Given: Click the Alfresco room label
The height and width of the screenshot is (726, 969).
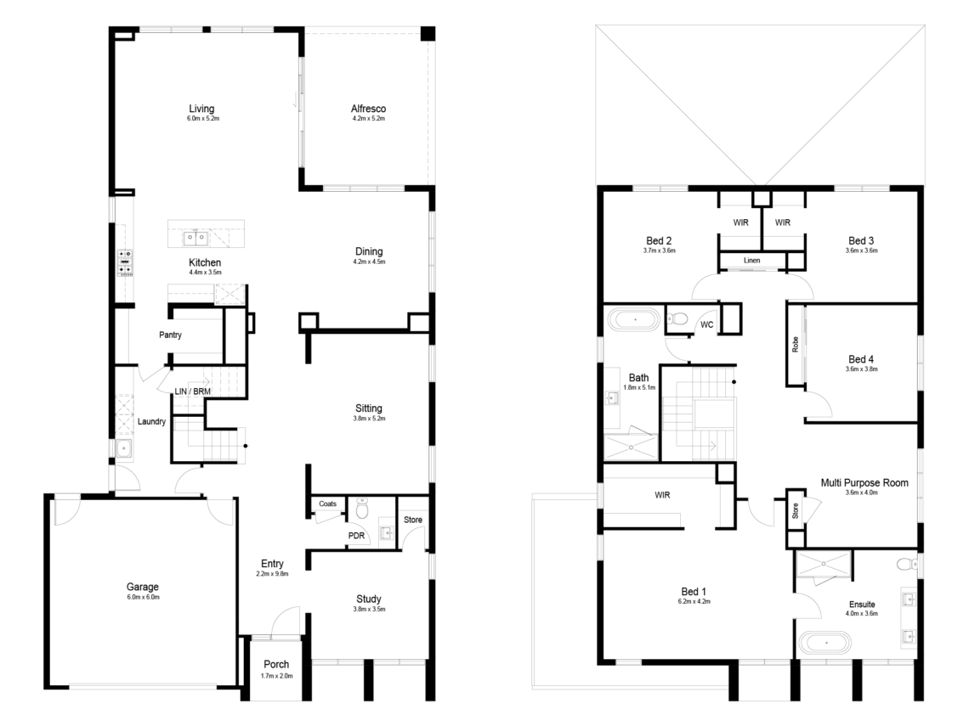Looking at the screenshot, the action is tap(368, 109).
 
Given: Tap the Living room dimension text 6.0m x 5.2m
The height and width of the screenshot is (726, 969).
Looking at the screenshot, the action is tap(203, 118).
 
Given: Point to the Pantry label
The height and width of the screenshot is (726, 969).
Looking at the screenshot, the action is tap(170, 335).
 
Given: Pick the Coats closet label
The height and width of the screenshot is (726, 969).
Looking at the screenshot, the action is tap(327, 504).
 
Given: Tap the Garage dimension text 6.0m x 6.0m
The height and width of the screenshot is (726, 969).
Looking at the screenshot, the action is tap(143, 597).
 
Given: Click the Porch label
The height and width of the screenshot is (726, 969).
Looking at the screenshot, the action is tap(276, 664).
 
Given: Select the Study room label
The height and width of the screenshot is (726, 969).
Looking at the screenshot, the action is tap(368, 599).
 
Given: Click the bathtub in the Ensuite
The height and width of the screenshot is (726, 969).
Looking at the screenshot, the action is tap(825, 643).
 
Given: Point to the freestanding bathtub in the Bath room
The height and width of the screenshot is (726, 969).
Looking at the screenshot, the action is tap(634, 320).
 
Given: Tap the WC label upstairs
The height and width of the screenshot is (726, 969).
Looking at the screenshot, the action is tap(707, 324).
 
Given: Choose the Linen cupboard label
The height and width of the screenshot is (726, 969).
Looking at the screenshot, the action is tap(751, 261).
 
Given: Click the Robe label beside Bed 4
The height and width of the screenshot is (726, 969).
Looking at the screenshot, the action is tap(796, 345).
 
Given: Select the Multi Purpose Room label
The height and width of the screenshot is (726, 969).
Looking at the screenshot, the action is tap(864, 483).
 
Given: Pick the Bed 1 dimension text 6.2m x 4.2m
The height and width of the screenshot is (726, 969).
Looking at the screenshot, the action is tap(694, 601).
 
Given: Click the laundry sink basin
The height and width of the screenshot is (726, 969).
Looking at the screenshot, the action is tap(123, 448).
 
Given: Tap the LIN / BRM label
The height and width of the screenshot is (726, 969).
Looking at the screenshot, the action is tap(193, 391).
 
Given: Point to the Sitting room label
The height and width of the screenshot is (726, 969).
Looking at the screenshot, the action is tap(368, 408).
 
